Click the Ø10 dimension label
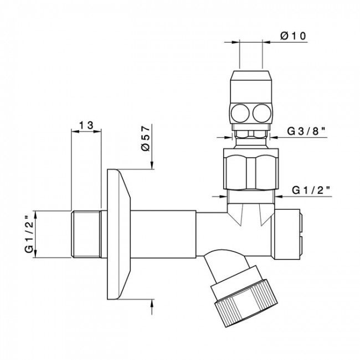[291, 37]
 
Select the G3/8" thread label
[305, 131]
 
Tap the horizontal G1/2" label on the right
[311, 190]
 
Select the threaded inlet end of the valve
[88, 233]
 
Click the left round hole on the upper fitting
[240, 114]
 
